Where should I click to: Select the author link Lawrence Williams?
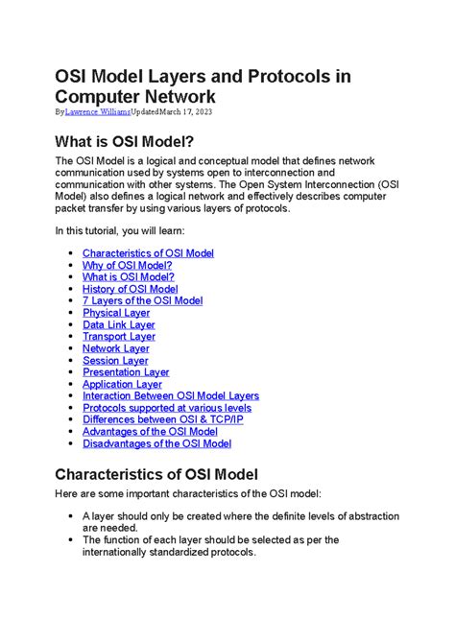coord(103,112)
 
